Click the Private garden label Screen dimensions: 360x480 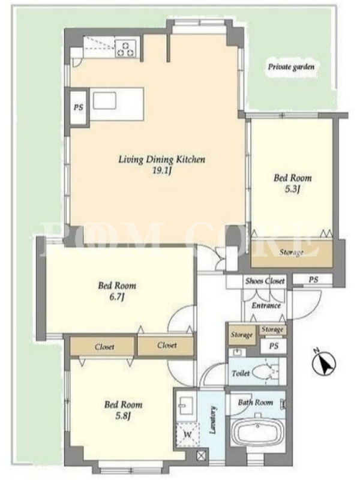tap(291, 67)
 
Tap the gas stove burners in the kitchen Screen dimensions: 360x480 tap(125, 49)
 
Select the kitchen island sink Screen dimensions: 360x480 tap(104, 101)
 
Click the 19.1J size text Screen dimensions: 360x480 tap(161, 171)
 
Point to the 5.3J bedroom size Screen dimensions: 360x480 tap(292, 190)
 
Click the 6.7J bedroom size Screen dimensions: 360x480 tap(116, 297)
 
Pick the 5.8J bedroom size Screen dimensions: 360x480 tap(123, 416)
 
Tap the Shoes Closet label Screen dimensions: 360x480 tap(265, 281)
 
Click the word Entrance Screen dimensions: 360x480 tap(266, 305)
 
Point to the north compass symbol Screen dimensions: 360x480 tap(323, 363)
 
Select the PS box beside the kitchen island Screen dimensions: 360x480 tap(79, 107)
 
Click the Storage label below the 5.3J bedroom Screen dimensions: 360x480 tap(292, 253)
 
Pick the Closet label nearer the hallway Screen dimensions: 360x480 tap(167, 346)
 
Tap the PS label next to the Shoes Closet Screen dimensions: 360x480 tap(313, 280)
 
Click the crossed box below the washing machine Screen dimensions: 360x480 tap(201, 456)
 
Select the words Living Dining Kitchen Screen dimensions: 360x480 tap(162, 160)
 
